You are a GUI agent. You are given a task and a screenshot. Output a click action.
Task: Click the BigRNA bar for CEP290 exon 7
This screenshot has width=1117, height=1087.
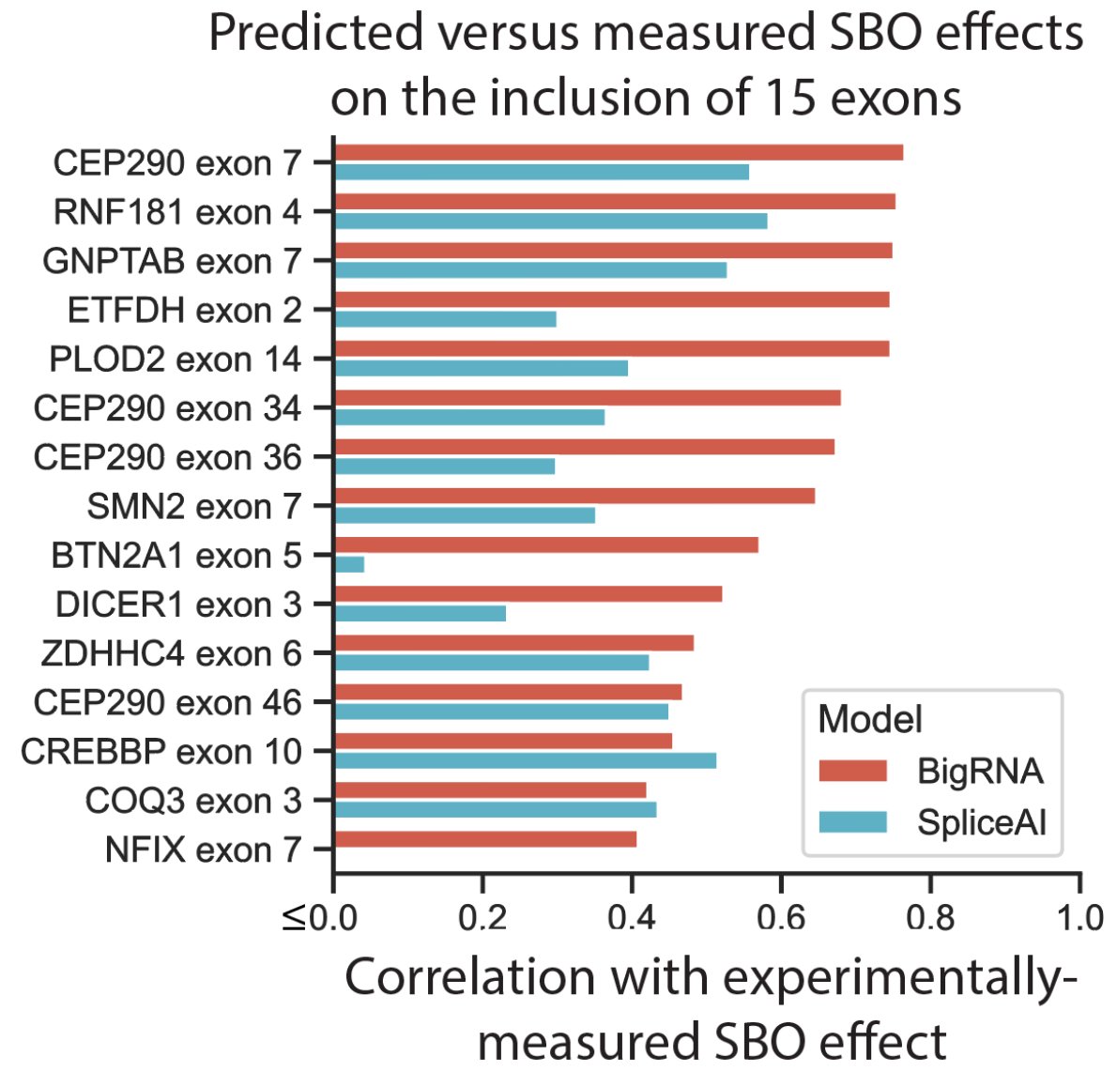[x=618, y=152]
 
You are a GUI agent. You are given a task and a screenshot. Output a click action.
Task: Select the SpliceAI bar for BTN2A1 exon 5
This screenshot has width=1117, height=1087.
[x=349, y=564]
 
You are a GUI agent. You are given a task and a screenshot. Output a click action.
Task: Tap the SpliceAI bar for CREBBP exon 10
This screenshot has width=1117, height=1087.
[x=525, y=760]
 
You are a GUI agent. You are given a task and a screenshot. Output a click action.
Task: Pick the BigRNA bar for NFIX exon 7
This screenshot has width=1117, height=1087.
[x=484, y=838]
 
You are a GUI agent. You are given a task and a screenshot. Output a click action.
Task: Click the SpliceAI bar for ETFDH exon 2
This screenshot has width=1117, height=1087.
[x=445, y=318]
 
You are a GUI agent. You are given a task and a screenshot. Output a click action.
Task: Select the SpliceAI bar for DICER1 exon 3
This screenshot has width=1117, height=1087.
[x=420, y=613]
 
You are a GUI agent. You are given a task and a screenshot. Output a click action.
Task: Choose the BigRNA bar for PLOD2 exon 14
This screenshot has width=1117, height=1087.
[x=611, y=348]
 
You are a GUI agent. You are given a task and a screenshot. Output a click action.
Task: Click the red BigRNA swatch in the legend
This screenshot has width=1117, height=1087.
[x=852, y=771]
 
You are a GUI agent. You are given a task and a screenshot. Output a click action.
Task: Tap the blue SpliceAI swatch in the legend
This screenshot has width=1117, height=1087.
[x=852, y=821]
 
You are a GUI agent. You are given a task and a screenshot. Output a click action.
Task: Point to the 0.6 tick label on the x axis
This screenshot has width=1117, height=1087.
[x=781, y=917]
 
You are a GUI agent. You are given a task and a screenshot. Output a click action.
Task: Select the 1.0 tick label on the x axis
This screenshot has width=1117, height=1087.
[x=1079, y=917]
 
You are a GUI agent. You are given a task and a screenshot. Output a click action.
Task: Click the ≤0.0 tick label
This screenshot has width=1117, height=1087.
[x=319, y=917]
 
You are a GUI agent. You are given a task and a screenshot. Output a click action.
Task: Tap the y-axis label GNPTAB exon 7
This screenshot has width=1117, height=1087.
[x=172, y=261]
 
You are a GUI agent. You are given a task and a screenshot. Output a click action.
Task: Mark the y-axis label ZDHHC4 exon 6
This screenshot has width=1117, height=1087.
[x=172, y=653]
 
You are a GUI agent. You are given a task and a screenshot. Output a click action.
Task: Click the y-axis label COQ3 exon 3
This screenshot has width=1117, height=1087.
[x=193, y=801]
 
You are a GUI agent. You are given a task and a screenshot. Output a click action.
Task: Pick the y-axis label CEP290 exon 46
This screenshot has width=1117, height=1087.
[x=168, y=702]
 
